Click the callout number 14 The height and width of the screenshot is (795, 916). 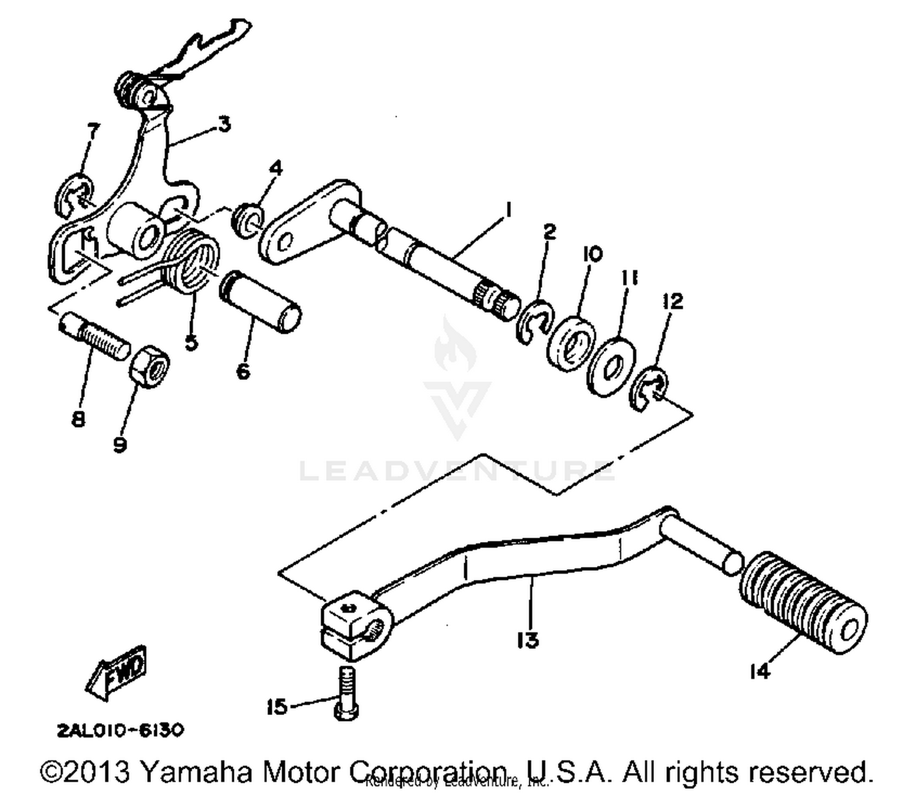[x=760, y=671]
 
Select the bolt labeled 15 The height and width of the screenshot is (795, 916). [x=346, y=693]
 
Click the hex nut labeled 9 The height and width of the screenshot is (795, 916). [x=149, y=365]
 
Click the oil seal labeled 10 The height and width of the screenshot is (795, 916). [x=572, y=343]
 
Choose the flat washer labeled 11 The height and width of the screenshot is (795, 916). [x=611, y=367]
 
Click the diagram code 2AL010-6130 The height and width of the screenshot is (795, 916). [x=120, y=730]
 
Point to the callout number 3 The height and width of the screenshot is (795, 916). [x=224, y=125]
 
